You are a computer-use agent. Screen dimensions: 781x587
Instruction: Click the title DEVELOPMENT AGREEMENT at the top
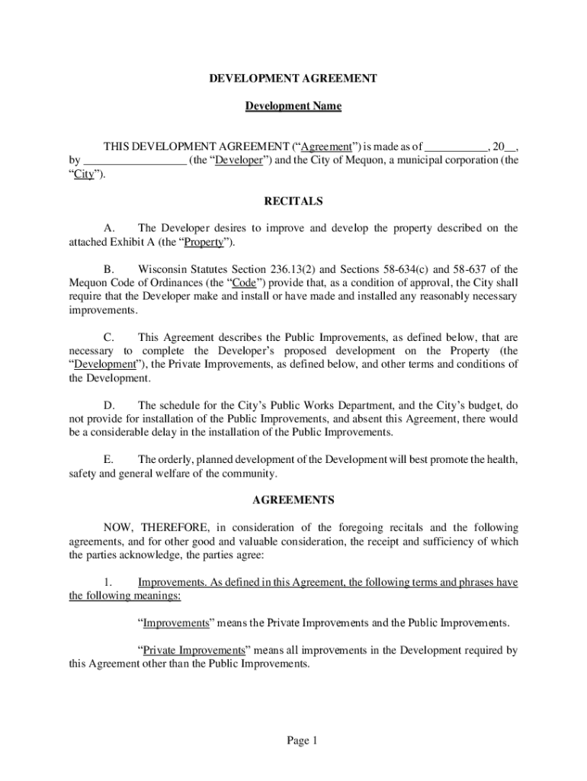pos(293,78)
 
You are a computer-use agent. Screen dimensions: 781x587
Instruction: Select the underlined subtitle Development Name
pos(293,106)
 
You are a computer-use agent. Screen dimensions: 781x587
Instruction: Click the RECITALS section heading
pos(293,201)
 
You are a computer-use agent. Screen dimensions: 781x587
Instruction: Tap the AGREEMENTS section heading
pos(293,500)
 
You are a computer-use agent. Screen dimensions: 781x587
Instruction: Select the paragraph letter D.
pos(109,405)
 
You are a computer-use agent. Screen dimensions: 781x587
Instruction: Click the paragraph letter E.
pos(108,460)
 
